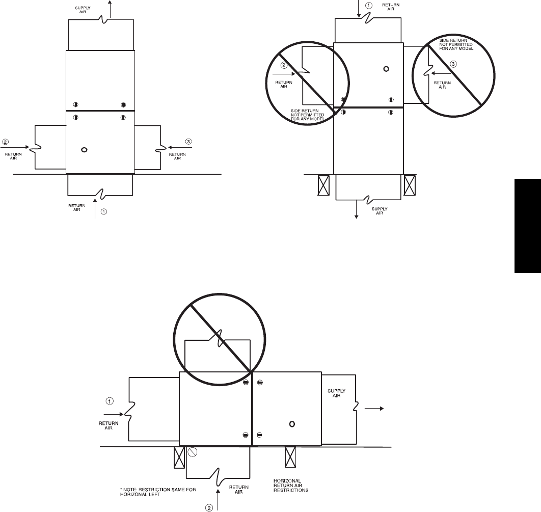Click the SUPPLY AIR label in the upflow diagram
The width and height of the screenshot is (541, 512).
coord(83,10)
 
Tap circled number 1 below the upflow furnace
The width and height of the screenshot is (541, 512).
coord(103,211)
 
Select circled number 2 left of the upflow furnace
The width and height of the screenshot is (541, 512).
coord(6,142)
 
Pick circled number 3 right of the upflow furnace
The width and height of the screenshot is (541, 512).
coord(188,142)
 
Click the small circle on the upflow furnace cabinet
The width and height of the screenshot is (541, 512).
coord(84,150)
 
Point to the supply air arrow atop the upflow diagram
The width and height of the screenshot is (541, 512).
coord(110,9)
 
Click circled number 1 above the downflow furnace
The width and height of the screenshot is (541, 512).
coord(369,6)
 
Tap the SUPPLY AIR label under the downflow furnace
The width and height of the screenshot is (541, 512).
coord(380,211)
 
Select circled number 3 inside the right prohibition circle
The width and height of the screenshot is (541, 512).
coord(454,64)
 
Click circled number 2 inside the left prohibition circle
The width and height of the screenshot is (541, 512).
coord(284,65)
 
